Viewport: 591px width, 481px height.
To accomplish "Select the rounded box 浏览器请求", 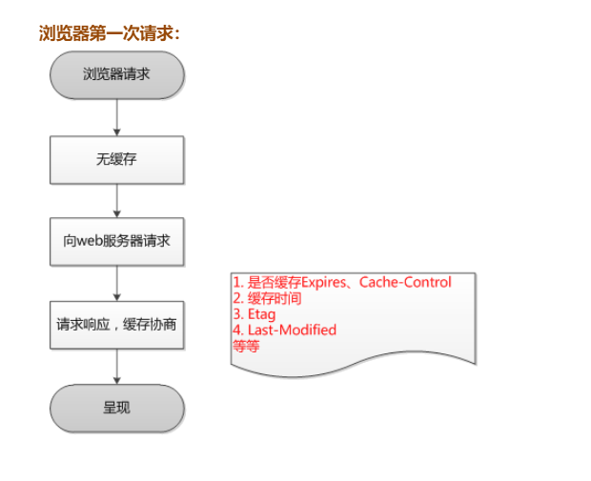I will (116, 74).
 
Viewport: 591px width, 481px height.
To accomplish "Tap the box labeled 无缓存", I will (116, 159).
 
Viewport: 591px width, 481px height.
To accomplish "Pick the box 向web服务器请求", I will (116, 242).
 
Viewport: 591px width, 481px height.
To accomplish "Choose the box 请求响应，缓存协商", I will (116, 325).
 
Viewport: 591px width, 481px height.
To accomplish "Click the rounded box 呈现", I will (116, 408).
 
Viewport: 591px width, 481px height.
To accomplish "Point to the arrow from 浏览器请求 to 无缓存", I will (116, 116).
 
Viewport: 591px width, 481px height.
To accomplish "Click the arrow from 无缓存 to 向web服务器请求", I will (116, 200).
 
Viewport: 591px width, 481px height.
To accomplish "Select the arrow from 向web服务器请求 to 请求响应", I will (116, 283).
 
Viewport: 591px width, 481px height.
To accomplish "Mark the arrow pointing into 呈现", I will (116, 366).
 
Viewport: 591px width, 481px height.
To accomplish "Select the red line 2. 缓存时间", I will (267, 298).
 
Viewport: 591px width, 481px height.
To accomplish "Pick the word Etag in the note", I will (261, 314).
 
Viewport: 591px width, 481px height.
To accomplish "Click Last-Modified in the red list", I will (292, 330).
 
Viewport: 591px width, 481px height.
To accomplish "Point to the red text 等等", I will (246, 346).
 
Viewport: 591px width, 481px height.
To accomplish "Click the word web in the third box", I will (89, 242).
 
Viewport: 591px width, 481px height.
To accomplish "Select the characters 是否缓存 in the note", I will (274, 283).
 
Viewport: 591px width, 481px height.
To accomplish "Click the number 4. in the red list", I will (238, 330).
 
